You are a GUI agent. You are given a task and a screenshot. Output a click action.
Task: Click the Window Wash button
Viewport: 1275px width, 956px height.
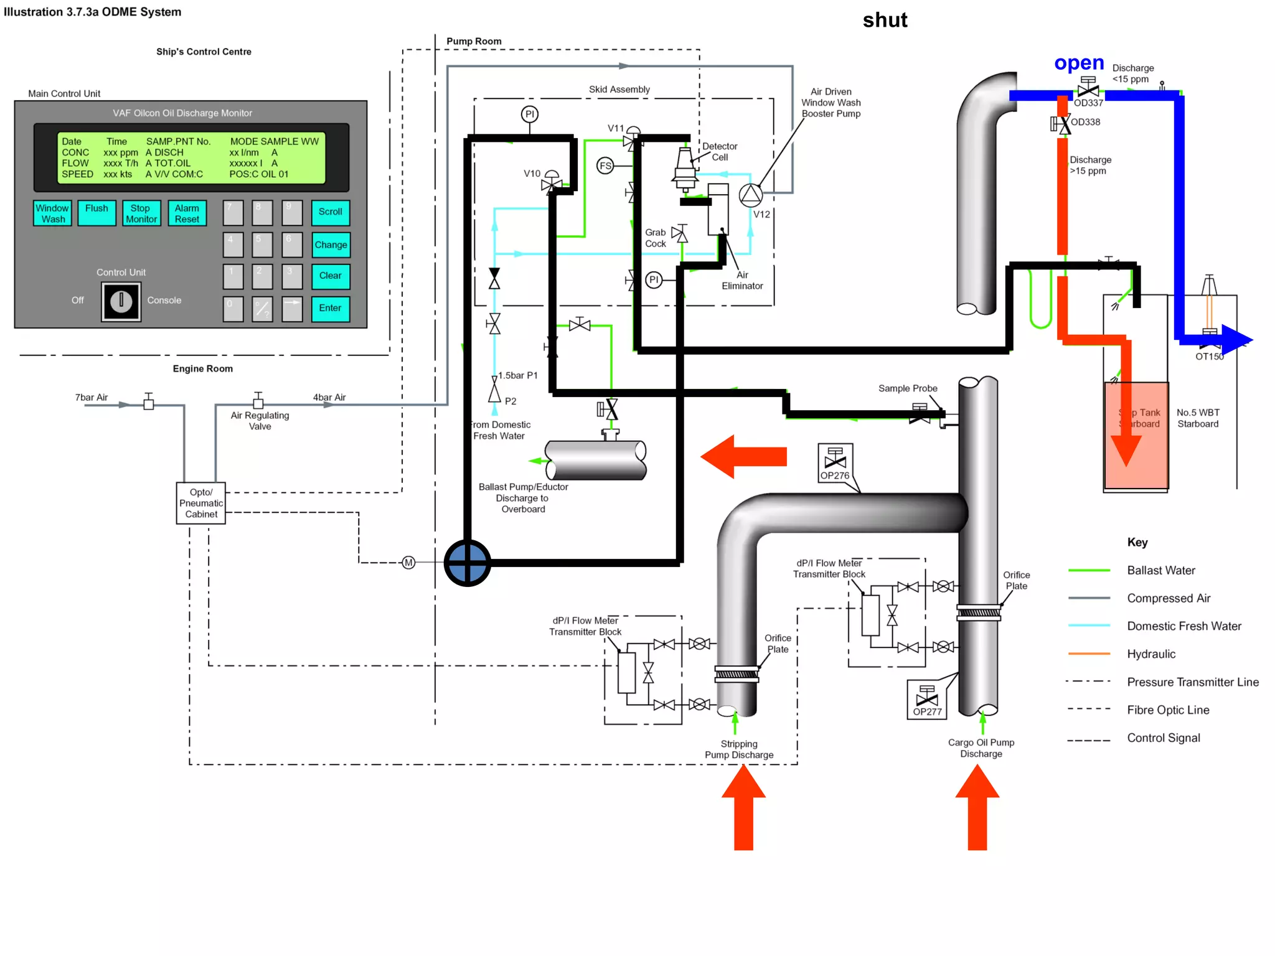(53, 213)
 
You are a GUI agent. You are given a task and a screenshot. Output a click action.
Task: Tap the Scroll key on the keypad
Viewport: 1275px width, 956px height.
(331, 212)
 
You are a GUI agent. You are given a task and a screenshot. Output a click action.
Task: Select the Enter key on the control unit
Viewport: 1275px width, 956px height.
(331, 308)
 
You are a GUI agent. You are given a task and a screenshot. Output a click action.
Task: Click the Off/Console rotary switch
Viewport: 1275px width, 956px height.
(121, 301)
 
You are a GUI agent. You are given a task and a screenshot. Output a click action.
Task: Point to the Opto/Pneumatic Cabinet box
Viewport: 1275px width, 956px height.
(201, 503)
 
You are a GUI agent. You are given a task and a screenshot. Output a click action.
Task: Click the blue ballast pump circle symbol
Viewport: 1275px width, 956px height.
(467, 563)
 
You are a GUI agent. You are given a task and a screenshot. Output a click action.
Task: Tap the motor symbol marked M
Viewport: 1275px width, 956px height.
(408, 563)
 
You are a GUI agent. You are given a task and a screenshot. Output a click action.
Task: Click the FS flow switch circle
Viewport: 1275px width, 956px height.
(605, 166)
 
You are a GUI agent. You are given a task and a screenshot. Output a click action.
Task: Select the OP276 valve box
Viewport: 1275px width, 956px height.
(835, 463)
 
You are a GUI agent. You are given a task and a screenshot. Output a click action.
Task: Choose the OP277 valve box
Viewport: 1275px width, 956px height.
(927, 700)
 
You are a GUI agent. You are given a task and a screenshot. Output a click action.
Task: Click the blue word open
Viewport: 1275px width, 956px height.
(1079, 63)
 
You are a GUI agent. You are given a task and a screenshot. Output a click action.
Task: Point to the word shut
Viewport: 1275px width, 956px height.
(885, 21)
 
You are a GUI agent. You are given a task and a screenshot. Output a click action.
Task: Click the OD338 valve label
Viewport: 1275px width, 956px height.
(1085, 122)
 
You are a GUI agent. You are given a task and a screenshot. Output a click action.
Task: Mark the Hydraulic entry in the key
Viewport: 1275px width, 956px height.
(1151, 654)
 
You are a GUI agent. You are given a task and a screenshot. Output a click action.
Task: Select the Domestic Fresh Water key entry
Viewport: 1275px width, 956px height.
(1183, 626)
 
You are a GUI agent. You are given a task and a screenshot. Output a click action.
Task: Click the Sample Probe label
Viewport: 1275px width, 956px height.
(908, 388)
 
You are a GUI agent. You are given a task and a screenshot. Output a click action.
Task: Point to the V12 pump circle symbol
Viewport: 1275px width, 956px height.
(750, 195)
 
